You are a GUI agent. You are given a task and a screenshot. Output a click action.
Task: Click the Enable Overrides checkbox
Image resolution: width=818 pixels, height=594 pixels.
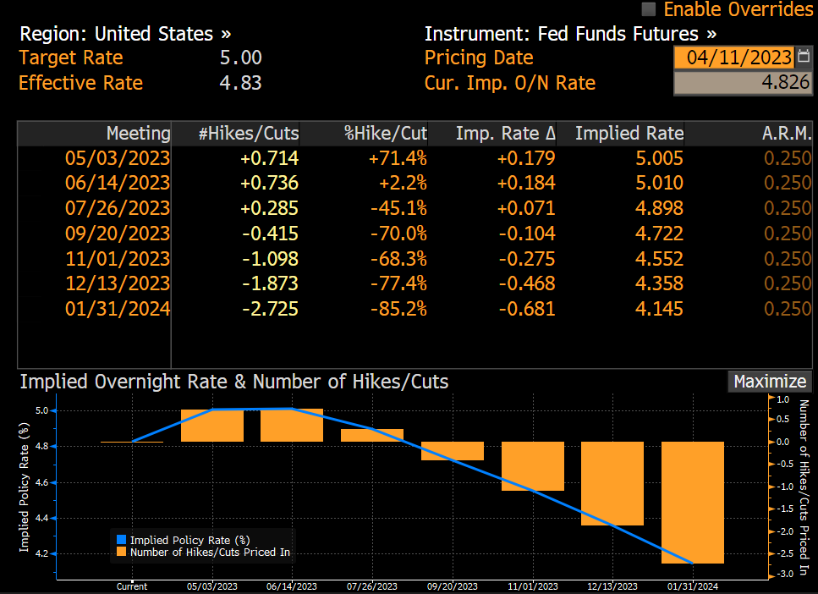click(649, 9)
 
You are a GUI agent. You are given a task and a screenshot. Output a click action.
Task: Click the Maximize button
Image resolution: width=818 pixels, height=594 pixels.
click(768, 382)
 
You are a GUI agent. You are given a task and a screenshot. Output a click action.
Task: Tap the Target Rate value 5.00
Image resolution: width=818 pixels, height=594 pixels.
click(240, 58)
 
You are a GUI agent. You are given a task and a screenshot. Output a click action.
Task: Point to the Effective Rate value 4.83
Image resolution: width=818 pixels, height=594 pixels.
click(240, 83)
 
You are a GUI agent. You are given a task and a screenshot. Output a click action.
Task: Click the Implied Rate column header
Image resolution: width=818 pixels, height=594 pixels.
click(629, 134)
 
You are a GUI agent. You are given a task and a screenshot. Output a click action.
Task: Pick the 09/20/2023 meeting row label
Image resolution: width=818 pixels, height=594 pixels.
click(118, 234)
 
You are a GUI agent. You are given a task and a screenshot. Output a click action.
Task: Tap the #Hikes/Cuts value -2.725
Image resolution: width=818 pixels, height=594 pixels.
click(269, 309)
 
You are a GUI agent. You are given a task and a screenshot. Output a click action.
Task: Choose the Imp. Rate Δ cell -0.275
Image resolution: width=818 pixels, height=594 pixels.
click(526, 259)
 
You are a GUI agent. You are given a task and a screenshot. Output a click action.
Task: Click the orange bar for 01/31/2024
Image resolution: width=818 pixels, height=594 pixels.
click(692, 502)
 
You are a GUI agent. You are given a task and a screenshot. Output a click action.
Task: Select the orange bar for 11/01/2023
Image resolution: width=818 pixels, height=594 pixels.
click(532, 466)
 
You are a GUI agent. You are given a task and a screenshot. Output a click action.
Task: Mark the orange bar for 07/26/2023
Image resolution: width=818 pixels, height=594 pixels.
click(372, 435)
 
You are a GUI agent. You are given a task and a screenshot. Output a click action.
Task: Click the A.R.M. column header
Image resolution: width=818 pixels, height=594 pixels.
click(786, 134)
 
